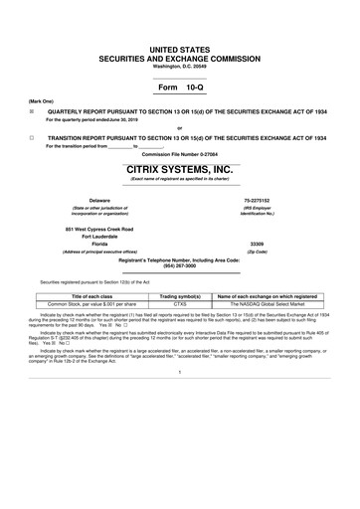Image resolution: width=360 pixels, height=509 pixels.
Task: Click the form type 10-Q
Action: (x=180, y=87)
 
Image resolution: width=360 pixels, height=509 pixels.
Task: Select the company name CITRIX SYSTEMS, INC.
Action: (x=180, y=169)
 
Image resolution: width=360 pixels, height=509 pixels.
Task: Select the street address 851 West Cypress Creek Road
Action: (x=98, y=228)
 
